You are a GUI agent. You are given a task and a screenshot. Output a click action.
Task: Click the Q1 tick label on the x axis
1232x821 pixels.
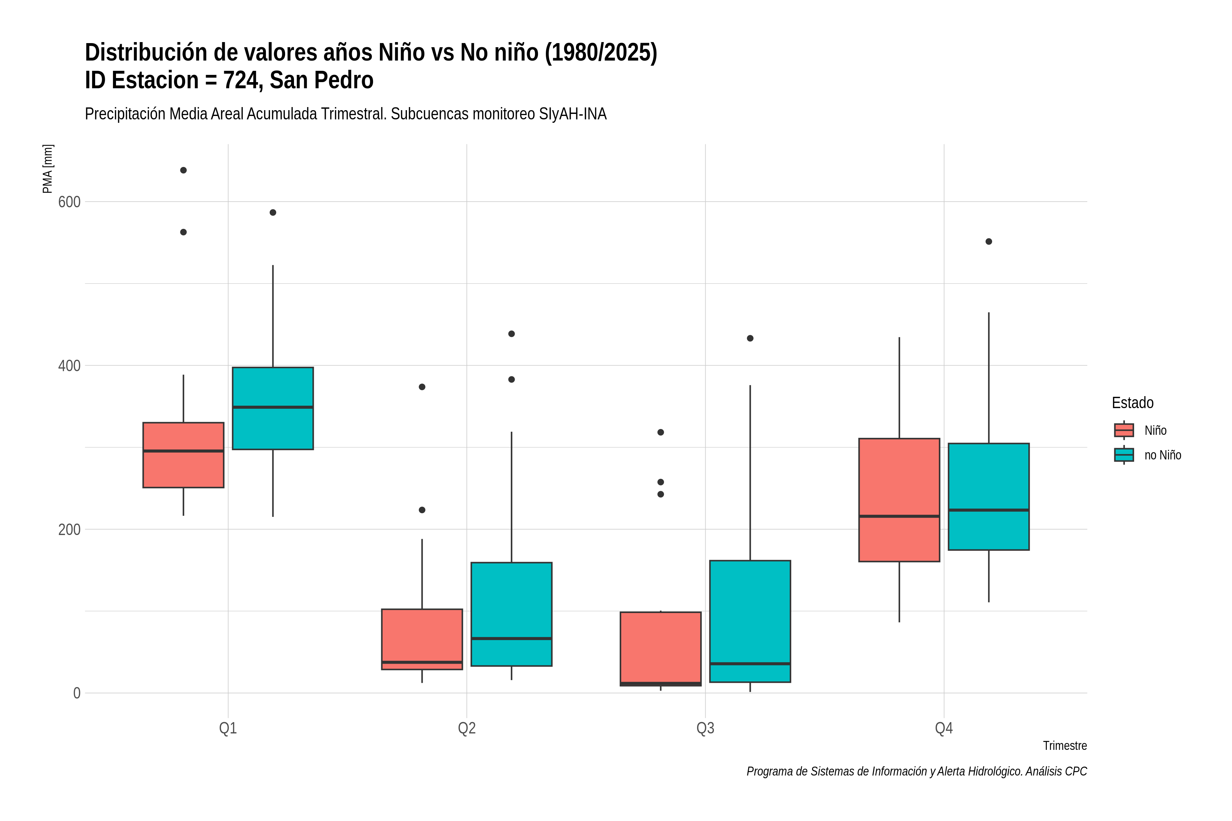click(228, 728)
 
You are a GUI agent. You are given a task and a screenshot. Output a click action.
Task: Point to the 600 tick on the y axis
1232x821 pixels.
click(69, 201)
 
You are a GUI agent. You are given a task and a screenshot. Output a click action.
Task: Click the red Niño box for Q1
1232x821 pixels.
click(183, 455)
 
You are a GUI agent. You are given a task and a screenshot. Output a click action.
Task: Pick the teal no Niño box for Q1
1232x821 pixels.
click(273, 408)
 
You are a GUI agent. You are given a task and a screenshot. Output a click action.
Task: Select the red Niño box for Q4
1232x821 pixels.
click(899, 500)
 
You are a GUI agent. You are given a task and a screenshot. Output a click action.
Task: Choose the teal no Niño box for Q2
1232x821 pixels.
click(511, 614)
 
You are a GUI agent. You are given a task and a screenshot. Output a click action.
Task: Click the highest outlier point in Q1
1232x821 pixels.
click(183, 170)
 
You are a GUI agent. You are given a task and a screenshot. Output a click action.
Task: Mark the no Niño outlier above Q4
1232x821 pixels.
click(989, 242)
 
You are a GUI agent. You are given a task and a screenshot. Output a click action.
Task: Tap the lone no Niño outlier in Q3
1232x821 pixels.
click(750, 338)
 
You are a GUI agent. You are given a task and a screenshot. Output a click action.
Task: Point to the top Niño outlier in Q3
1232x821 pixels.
click(660, 432)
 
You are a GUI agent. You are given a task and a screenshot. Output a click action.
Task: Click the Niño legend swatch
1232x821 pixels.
click(1124, 430)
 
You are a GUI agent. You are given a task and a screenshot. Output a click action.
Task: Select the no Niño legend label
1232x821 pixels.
click(1163, 455)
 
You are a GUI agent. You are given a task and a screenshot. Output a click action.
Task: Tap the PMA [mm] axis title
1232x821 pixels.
click(48, 169)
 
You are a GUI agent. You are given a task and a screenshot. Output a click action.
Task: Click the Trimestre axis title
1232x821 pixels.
click(1065, 746)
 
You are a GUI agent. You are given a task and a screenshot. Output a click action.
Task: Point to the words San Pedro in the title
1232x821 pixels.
click(322, 80)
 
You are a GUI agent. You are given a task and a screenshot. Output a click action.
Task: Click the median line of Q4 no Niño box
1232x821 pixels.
click(989, 510)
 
